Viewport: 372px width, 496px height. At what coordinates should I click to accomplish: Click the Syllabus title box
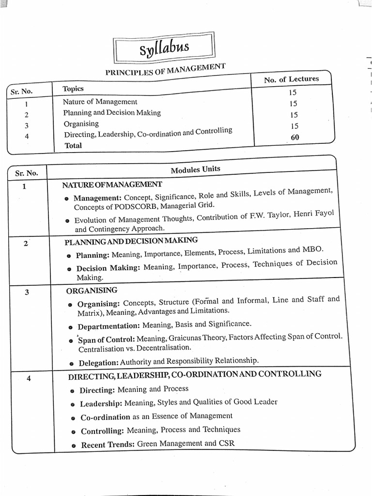click(164, 48)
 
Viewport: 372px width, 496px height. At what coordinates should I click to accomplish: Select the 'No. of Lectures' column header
click(292, 79)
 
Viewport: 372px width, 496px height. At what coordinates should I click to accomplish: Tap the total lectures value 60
click(295, 138)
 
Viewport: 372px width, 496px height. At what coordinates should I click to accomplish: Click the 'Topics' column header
click(73, 89)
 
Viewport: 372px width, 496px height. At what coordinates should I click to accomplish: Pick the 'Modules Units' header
click(195, 169)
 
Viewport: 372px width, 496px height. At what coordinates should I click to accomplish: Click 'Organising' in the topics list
click(81, 124)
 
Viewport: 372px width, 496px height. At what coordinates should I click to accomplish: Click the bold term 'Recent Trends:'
click(108, 444)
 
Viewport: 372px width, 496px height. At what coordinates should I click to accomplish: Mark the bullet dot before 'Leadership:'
click(73, 404)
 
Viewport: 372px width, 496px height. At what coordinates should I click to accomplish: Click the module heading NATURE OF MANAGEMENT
click(112, 185)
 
